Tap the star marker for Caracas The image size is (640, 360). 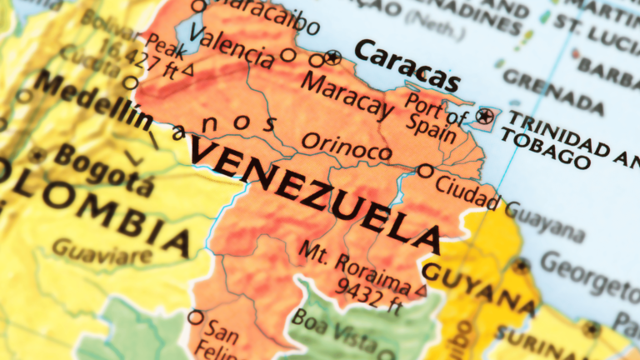333,57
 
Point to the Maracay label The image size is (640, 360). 346,95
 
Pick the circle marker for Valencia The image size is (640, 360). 287,56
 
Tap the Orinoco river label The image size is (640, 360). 346,147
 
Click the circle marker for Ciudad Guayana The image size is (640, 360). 425,171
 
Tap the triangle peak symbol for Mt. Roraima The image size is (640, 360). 422,291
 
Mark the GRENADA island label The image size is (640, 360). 553,91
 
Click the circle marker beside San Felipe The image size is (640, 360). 196,317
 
